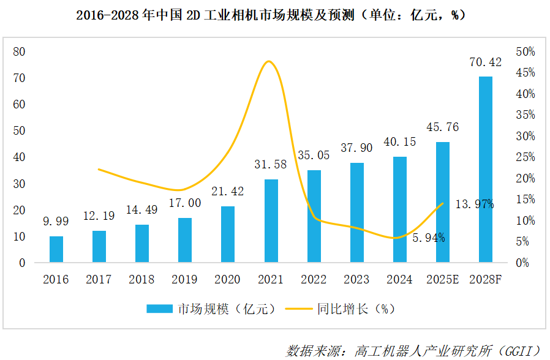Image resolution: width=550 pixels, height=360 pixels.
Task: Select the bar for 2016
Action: (x=56, y=249)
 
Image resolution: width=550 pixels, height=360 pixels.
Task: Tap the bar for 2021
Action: (x=271, y=221)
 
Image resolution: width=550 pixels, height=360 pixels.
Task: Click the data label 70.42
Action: (x=485, y=62)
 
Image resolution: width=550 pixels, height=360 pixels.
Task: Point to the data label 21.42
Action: (x=228, y=192)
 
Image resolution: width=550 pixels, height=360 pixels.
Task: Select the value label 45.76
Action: (x=442, y=127)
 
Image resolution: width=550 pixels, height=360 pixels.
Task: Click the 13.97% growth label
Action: (x=475, y=204)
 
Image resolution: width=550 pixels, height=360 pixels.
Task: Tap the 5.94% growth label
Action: (x=428, y=238)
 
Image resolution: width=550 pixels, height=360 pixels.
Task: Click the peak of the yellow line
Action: (x=268, y=61)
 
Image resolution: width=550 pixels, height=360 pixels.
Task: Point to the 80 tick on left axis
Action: (x=19, y=51)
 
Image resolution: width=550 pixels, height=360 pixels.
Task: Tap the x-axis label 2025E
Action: (x=442, y=280)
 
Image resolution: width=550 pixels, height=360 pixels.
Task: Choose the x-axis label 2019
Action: (x=185, y=280)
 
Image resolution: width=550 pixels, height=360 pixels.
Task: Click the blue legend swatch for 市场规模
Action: (x=160, y=309)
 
